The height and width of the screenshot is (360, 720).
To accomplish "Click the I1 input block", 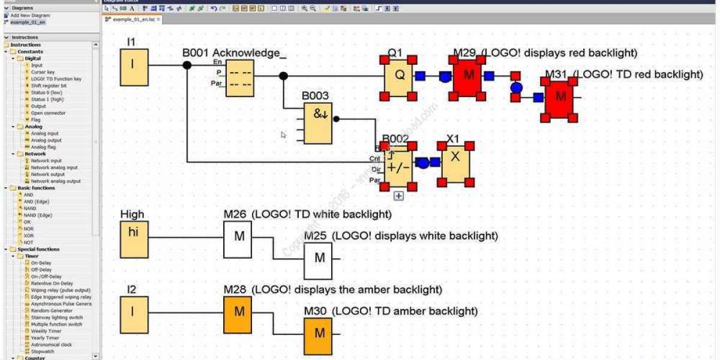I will coord(134,67).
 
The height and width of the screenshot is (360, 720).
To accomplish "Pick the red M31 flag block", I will coord(559,97).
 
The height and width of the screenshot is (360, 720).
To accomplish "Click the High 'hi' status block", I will coord(134,238).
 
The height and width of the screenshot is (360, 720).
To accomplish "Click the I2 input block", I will coord(134,314).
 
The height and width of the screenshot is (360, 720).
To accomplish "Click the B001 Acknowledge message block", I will coord(239,78).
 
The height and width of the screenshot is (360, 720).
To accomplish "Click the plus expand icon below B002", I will coord(398,195).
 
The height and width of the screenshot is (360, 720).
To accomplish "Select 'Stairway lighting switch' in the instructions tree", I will coord(56,317).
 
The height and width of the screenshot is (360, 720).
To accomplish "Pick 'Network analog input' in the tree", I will coord(54,167).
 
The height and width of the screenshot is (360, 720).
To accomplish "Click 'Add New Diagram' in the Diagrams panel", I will coord(31,15).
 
